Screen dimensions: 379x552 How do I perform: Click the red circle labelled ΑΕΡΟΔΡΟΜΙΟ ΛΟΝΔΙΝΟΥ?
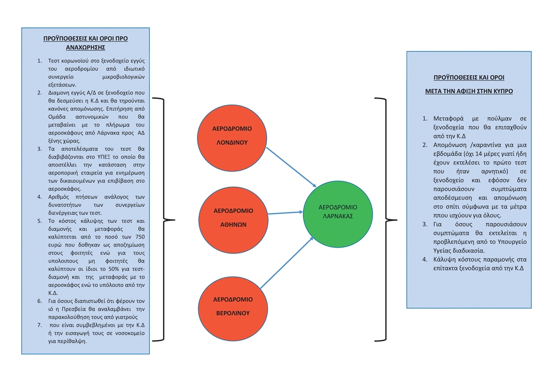pyautogui.click(x=232, y=135)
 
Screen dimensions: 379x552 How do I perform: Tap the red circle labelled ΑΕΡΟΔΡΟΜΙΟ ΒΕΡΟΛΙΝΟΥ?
pyautogui.click(x=232, y=305)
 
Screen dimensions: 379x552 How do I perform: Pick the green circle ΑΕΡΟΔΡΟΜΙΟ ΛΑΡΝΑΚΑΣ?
pyautogui.click(x=338, y=211)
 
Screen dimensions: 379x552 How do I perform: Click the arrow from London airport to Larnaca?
pyautogui.click(x=292, y=167)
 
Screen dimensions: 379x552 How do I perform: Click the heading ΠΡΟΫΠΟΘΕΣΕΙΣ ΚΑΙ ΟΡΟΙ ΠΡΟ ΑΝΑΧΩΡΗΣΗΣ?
pyautogui.click(x=85, y=43)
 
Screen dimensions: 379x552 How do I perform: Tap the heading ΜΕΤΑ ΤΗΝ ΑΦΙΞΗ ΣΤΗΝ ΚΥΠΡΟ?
pyautogui.click(x=469, y=91)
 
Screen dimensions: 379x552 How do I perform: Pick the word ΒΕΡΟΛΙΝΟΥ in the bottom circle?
pyautogui.click(x=232, y=313)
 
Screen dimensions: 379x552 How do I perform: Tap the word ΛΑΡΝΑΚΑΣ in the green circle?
pyautogui.click(x=338, y=216)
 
